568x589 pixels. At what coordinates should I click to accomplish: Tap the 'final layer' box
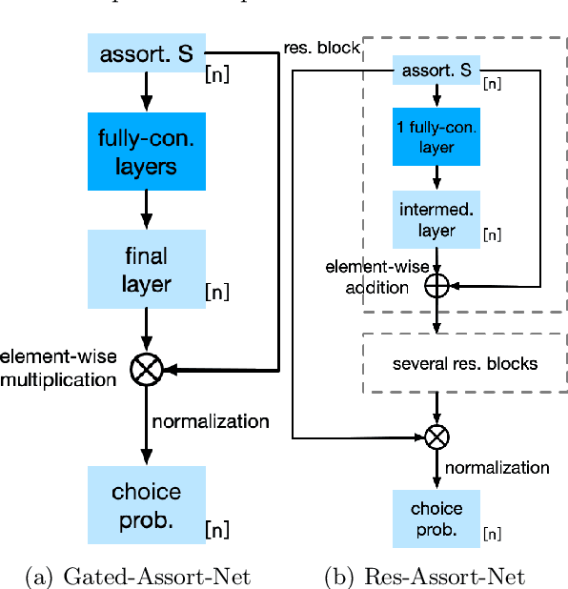click(x=146, y=270)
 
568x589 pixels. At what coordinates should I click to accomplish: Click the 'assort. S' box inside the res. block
click(x=436, y=70)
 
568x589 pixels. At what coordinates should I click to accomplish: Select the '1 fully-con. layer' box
click(x=436, y=135)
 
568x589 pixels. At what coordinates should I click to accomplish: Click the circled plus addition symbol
click(x=436, y=284)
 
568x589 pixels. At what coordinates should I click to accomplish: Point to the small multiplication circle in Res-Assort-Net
click(x=436, y=437)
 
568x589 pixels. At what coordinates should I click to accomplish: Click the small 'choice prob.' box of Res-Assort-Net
click(x=436, y=516)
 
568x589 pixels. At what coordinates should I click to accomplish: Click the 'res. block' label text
click(x=321, y=47)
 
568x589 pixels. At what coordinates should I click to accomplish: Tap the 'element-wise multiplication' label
click(x=59, y=368)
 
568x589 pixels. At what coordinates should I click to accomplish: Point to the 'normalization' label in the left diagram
click(x=211, y=420)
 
